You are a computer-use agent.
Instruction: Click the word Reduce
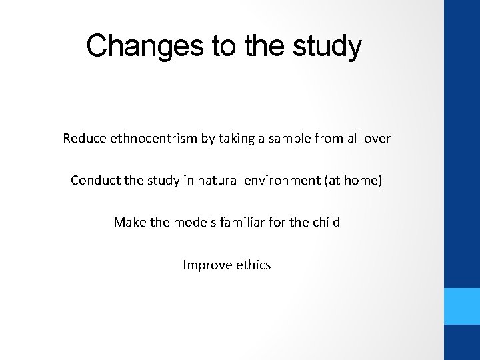pyautogui.click(x=83, y=139)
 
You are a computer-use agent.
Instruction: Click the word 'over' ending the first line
pyautogui.click(x=377, y=139)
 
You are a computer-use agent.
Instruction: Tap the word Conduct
pyautogui.click(x=93, y=181)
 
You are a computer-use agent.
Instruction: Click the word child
pyautogui.click(x=324, y=222)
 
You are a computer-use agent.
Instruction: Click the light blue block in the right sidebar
pyautogui.click(x=462, y=306)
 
